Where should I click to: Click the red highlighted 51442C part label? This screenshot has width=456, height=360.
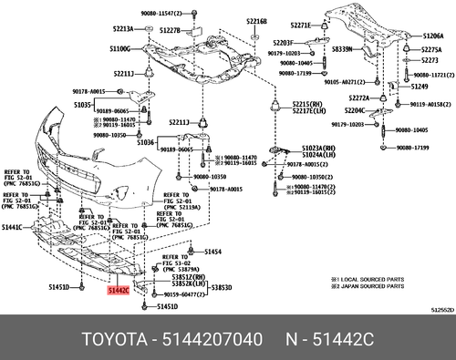click(119, 291)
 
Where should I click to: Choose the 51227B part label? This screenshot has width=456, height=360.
click(170, 30)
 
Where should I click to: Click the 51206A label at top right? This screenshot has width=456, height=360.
click(432, 36)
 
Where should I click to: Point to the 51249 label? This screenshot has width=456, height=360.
click(419, 86)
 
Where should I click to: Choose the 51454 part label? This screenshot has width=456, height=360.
click(212, 251)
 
